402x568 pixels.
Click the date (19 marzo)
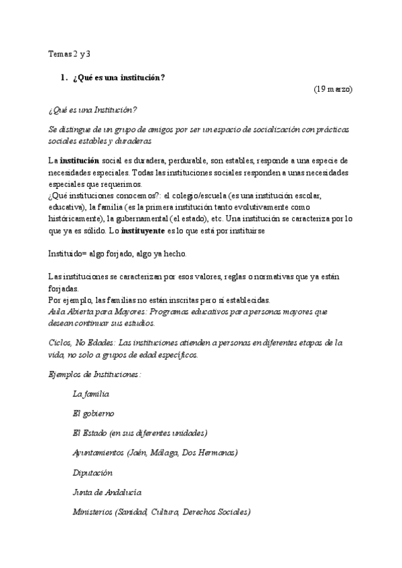[x=332, y=88]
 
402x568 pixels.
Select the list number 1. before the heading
[x=64, y=77]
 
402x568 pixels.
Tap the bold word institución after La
[x=80, y=161]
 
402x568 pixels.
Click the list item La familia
[x=91, y=394]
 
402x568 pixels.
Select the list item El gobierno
[x=93, y=413]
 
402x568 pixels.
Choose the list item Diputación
[x=92, y=472]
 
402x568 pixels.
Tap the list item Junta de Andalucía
[x=107, y=492]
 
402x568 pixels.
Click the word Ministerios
[x=92, y=512]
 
